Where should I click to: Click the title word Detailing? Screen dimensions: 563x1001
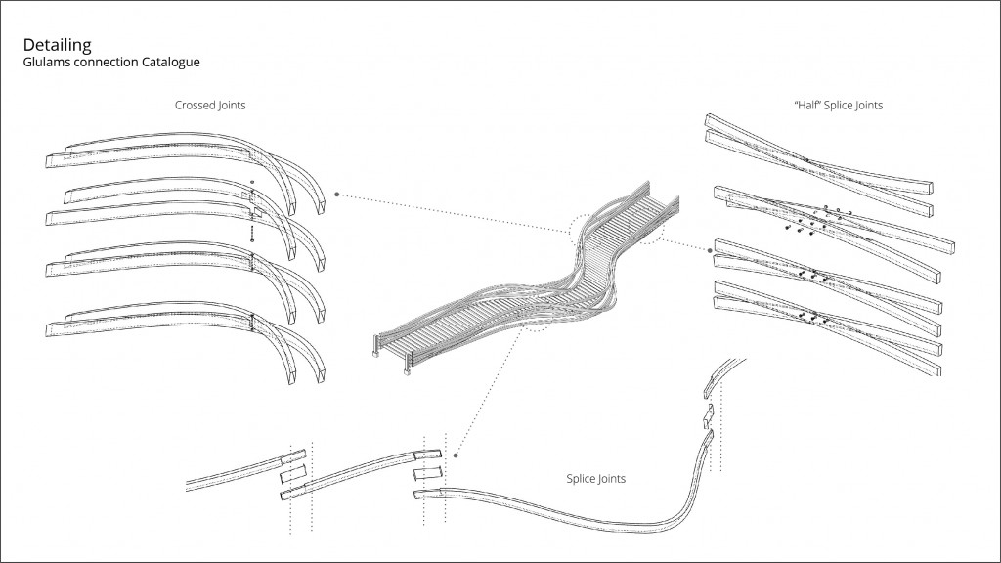point(57,45)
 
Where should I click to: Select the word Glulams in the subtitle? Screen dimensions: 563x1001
point(50,63)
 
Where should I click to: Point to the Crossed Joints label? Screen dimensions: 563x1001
point(210,105)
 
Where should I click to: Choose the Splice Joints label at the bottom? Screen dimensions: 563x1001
point(595,479)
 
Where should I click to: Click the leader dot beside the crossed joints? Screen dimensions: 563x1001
point(337,195)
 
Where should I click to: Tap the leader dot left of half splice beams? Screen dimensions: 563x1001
point(707,250)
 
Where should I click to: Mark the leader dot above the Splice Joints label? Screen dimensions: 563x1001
point(457,453)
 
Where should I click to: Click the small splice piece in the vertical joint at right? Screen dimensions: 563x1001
point(711,418)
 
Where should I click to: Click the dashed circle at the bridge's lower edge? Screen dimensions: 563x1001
point(535,319)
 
